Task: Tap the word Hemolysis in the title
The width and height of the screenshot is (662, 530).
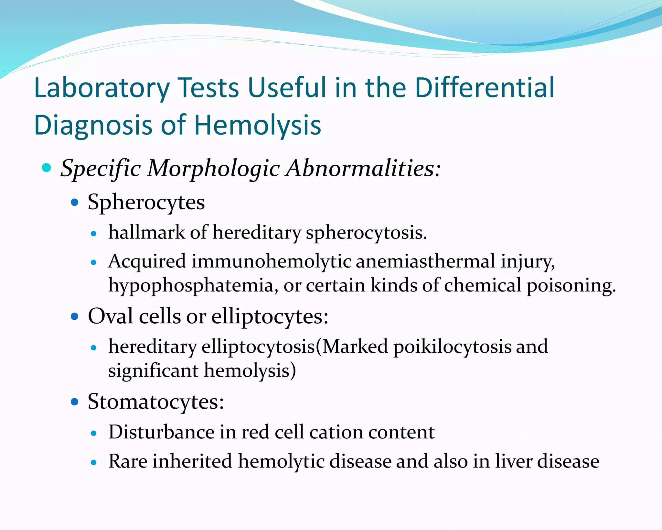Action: (x=257, y=125)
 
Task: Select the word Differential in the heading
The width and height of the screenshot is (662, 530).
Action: (x=485, y=88)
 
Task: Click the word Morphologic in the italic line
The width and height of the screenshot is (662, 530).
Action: (x=213, y=169)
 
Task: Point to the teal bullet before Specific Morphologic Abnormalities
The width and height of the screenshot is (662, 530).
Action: (x=47, y=168)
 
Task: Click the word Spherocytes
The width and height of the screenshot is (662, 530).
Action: (x=146, y=203)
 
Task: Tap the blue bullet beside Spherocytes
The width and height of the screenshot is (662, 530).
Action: (x=75, y=203)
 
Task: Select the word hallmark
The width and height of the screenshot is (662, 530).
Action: (x=147, y=232)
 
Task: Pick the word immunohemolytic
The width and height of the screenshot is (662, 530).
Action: (x=271, y=261)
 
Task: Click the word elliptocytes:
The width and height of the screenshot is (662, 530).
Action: (x=270, y=317)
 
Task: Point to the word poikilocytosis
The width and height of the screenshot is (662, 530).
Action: (x=452, y=347)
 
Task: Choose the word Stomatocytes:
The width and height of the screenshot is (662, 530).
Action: (x=156, y=402)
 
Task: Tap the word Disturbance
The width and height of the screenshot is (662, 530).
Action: (x=161, y=432)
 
